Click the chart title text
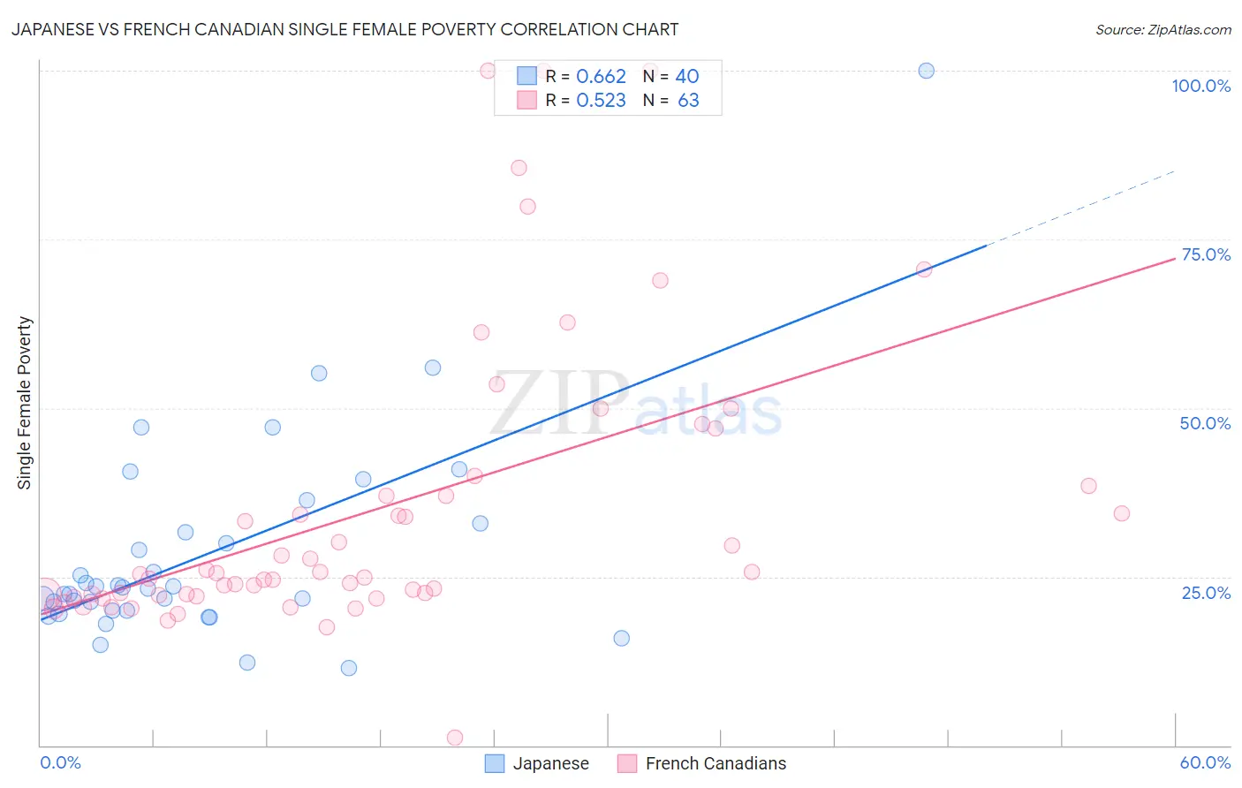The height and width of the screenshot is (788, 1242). tap(345, 29)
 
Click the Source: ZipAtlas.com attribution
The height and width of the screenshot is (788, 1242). tap(1162, 29)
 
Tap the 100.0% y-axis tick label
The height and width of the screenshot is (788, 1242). tap(1200, 86)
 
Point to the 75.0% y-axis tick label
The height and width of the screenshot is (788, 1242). tap(1206, 254)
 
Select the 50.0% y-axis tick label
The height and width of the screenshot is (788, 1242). tap(1205, 423)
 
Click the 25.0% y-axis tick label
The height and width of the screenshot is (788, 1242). tap(1206, 592)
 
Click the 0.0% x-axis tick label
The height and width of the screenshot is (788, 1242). tap(60, 762)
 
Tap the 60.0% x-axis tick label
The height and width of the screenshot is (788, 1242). tap(1205, 762)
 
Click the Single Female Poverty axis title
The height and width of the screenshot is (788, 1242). tap(25, 403)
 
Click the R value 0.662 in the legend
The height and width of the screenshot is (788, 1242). tap(601, 77)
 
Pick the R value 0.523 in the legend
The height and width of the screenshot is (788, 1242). tap(601, 101)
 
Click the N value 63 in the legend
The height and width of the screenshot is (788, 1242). tap(688, 101)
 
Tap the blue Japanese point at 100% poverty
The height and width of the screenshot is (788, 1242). tap(926, 71)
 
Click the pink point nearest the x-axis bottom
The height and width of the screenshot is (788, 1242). tap(455, 738)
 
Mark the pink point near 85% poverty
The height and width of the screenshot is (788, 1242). tap(519, 168)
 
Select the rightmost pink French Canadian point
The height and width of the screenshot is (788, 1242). tap(1121, 513)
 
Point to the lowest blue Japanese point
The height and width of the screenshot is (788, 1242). tap(349, 668)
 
